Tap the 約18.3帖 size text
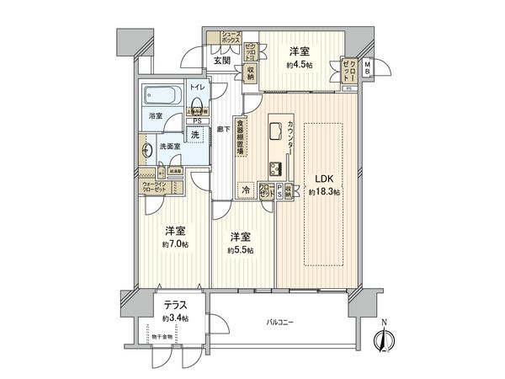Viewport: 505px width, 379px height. (324, 193)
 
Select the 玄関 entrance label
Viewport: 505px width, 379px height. (221, 60)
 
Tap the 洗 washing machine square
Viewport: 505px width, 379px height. (194, 136)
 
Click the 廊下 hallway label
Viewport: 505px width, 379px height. (221, 129)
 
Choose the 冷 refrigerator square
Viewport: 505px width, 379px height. (246, 191)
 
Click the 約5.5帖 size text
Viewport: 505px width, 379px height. (239, 249)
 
